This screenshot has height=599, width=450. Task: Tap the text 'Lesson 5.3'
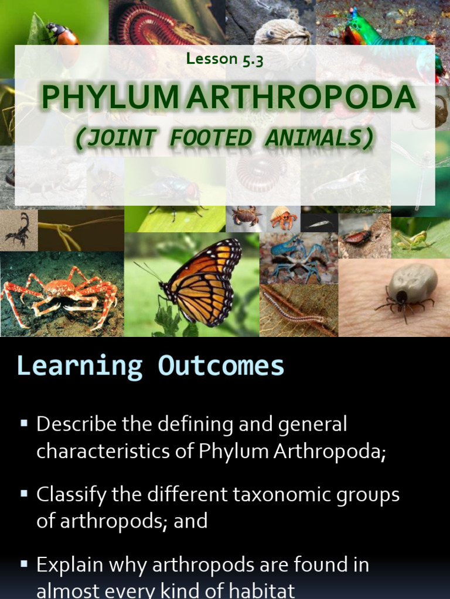[x=224, y=60]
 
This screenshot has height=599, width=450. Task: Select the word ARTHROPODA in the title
[x=301, y=98]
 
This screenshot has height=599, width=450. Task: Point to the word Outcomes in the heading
[x=220, y=366]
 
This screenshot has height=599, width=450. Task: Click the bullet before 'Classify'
[x=24, y=494]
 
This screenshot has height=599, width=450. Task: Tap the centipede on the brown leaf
[x=293, y=308]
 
